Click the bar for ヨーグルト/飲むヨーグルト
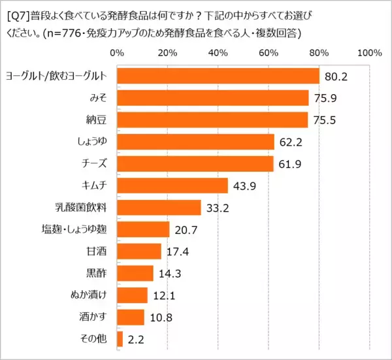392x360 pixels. (218, 76)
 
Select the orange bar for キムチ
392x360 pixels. (172, 186)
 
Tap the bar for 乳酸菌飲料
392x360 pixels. (159, 208)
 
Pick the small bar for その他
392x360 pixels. (120, 339)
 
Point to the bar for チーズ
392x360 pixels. (195, 163)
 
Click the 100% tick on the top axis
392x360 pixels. (369, 52)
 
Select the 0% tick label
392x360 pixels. (116, 52)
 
